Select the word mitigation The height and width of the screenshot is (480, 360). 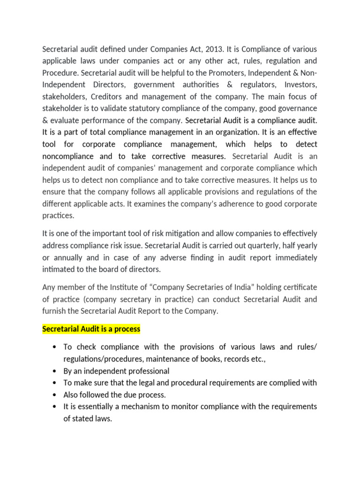pyautogui.click(x=190, y=233)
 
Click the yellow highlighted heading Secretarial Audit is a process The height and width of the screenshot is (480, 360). pyautogui.click(x=91, y=329)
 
